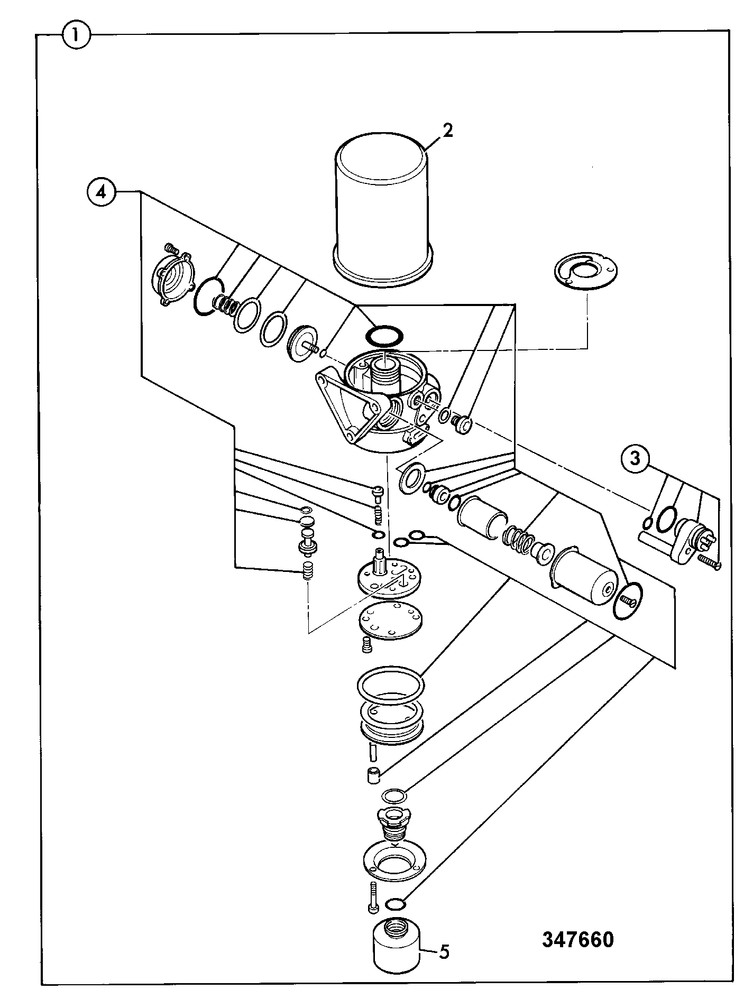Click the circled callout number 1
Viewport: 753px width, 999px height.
77,36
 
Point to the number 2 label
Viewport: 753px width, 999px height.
447,131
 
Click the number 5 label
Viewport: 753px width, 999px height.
444,952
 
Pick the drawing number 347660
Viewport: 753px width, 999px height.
578,940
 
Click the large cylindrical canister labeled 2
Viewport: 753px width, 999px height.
384,207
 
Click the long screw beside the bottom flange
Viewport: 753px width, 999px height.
373,898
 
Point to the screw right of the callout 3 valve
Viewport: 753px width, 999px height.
709,561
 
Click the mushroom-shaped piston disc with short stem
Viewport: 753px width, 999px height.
304,346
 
